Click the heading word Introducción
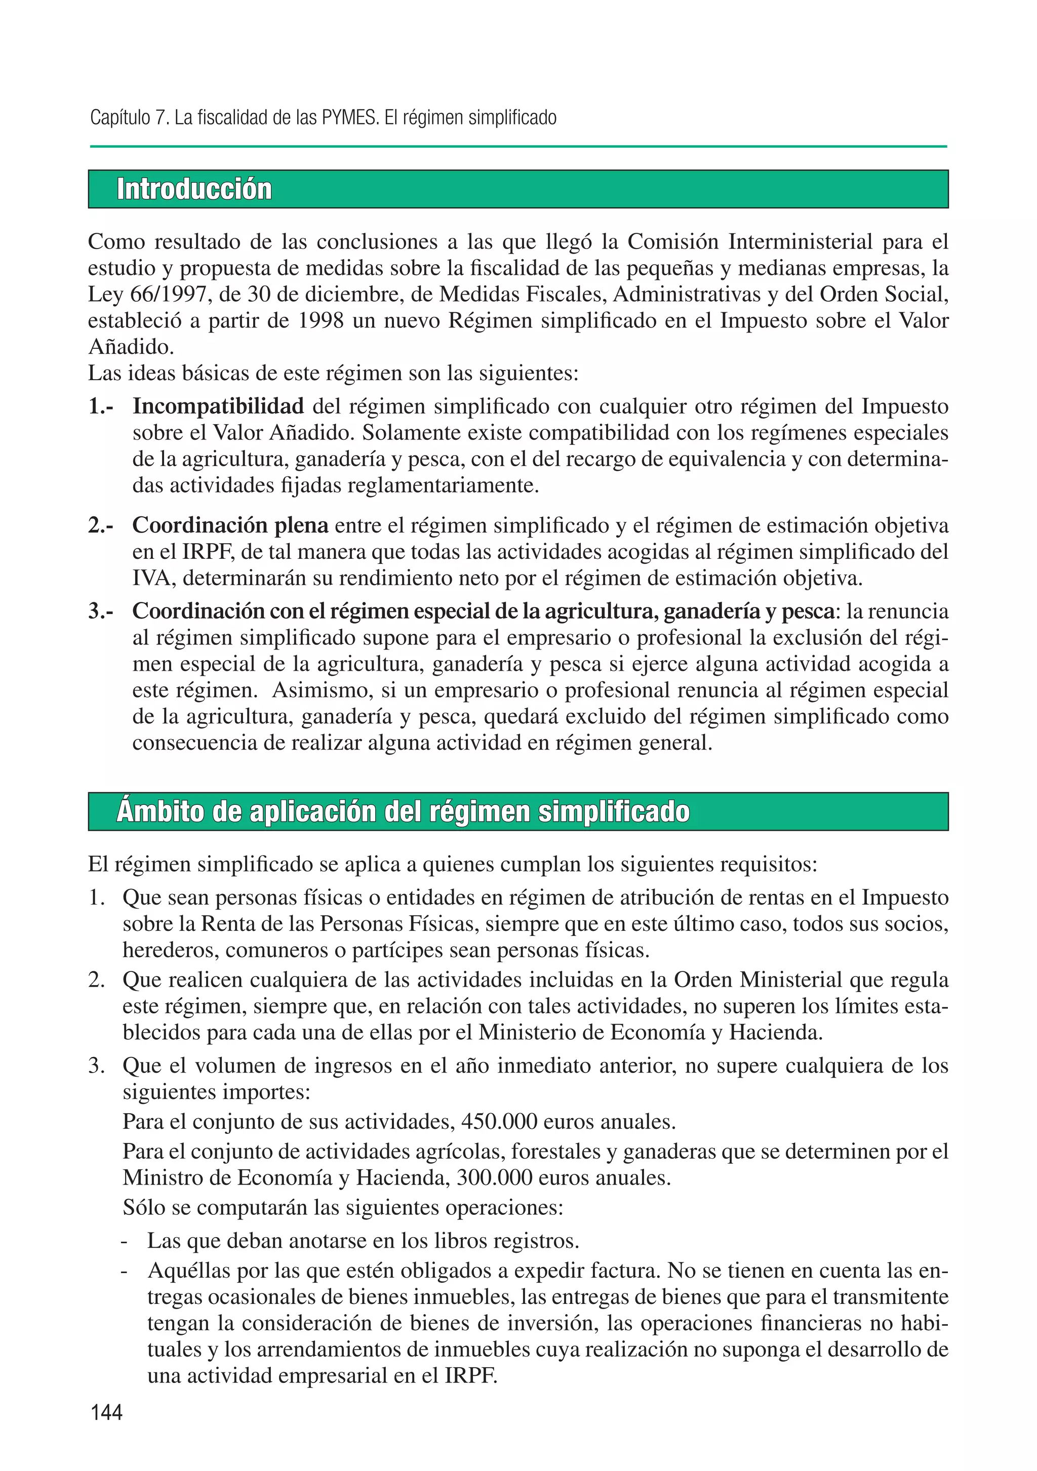click(194, 190)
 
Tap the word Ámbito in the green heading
click(159, 812)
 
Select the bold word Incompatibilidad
click(218, 406)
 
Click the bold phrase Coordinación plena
click(230, 525)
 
